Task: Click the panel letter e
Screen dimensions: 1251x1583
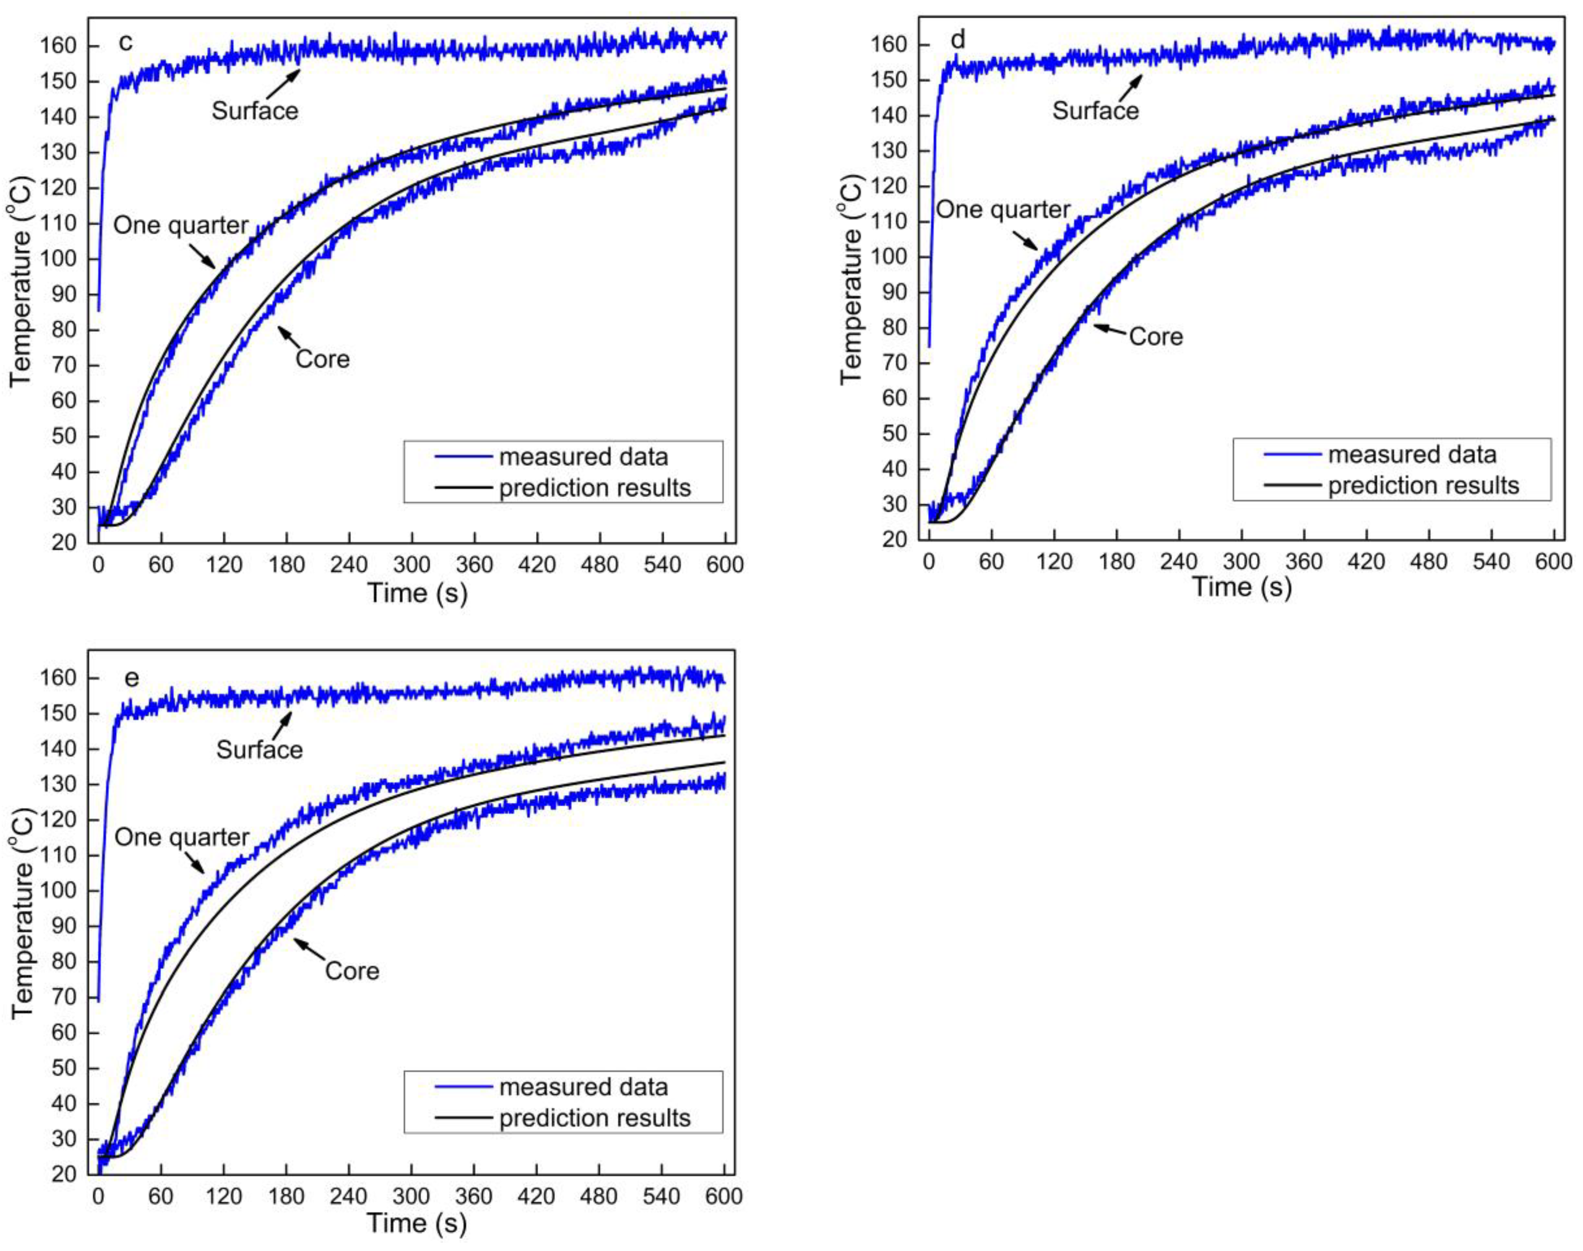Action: point(131,678)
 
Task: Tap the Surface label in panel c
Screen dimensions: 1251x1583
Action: point(255,110)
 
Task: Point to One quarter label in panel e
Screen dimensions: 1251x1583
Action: point(181,837)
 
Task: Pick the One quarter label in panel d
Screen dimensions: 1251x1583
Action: point(1003,210)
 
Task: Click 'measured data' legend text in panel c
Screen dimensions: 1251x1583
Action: point(584,457)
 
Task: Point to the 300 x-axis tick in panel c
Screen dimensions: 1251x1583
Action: point(412,565)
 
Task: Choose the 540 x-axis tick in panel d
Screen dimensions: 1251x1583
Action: point(1492,562)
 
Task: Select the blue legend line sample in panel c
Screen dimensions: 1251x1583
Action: point(463,457)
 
